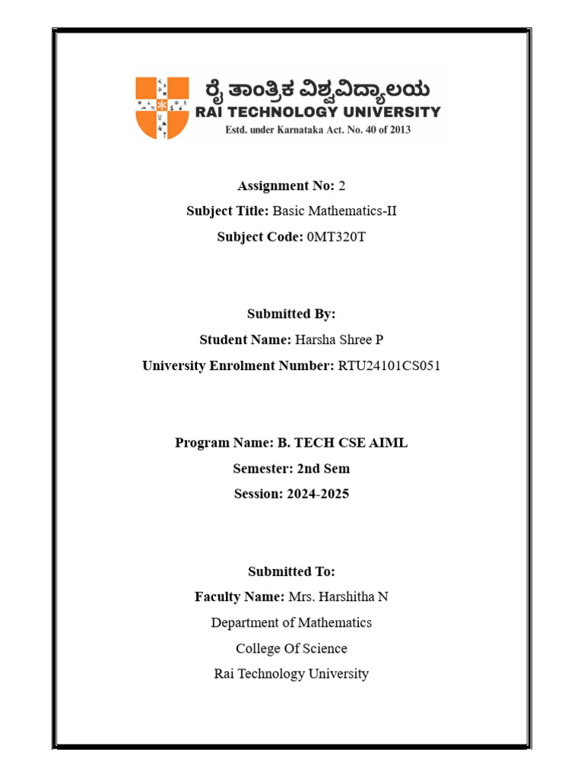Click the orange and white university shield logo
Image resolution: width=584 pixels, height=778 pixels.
pos(162,107)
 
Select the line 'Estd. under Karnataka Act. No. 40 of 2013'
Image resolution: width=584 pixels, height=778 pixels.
pos(317,130)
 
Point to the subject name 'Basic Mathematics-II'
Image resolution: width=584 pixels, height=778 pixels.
pos(335,211)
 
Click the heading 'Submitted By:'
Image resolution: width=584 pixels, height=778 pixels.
pos(291,314)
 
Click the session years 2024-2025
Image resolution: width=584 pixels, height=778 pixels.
pos(318,494)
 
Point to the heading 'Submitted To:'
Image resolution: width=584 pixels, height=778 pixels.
pos(291,571)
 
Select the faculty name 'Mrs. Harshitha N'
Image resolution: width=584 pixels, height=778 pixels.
pos(338,597)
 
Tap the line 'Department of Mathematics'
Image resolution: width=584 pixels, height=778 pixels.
pos(291,623)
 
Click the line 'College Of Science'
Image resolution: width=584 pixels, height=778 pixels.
pos(291,649)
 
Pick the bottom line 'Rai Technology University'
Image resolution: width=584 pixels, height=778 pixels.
pos(291,674)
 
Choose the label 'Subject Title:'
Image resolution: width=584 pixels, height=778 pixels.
pos(228,211)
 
